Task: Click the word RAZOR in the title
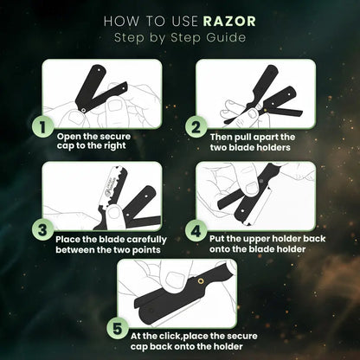click(x=229, y=22)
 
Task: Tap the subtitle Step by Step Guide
click(x=180, y=37)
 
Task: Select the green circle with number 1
click(x=42, y=127)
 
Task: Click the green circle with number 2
click(x=196, y=127)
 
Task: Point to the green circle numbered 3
click(x=42, y=230)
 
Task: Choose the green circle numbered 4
click(x=196, y=231)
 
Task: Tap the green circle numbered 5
click(x=118, y=328)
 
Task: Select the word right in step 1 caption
click(x=115, y=146)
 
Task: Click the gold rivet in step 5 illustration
click(x=201, y=281)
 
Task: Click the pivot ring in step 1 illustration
click(x=83, y=110)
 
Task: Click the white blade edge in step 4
click(x=260, y=207)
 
